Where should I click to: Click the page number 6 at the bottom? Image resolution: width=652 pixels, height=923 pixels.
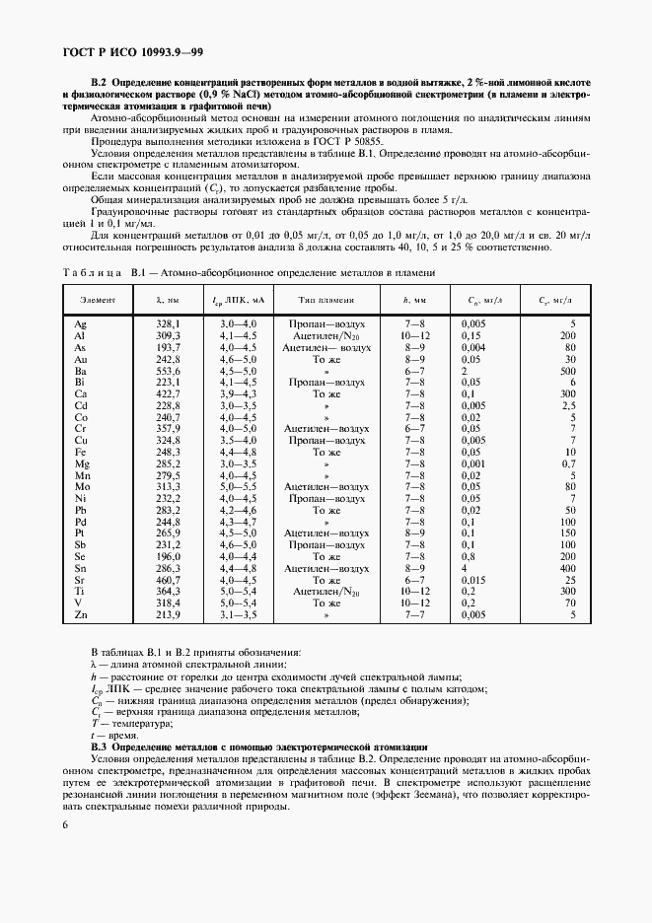point(66,853)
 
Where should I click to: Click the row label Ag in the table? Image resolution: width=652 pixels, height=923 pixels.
point(81,323)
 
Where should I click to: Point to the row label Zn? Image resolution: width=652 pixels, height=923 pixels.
point(81,615)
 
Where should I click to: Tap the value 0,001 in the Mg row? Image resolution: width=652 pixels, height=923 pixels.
point(476,461)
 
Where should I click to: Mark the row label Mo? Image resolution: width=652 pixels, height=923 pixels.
point(82,485)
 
